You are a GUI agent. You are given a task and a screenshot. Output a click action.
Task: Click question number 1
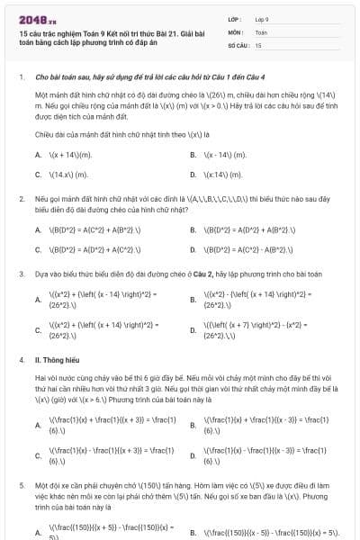[x=21, y=77]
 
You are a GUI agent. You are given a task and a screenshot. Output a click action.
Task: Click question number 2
[x=21, y=196]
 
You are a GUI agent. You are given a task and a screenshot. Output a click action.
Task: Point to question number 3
[x=21, y=272]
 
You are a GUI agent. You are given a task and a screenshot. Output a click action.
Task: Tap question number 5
[x=21, y=484]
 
